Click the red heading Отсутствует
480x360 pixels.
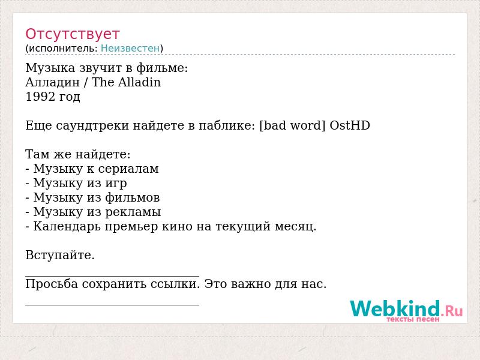tap(72, 34)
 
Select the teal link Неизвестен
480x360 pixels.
tap(130, 48)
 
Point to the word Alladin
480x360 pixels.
tap(139, 82)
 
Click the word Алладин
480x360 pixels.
tap(53, 83)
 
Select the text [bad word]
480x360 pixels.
tap(292, 125)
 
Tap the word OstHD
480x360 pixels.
tap(350, 125)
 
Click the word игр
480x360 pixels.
tap(116, 184)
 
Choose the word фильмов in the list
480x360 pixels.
tap(132, 198)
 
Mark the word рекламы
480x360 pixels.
tap(133, 212)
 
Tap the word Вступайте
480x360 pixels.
tap(60, 256)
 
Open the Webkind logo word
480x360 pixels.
tap(395, 308)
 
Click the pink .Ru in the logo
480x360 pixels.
tap(452, 311)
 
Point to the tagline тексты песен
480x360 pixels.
tap(413, 319)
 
